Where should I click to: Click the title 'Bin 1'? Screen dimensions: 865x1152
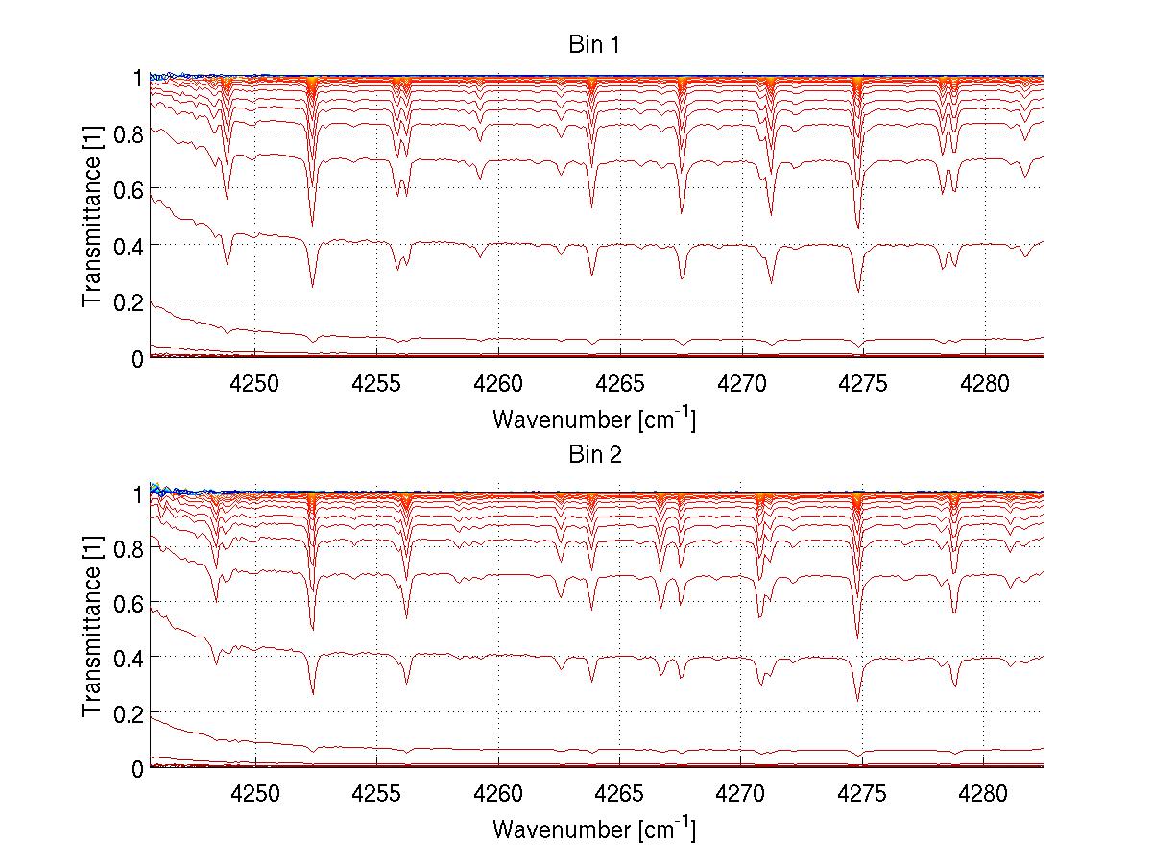tap(595, 45)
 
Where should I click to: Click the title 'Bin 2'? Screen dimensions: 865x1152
tap(595, 455)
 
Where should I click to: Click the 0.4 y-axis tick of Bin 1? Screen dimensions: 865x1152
tap(130, 246)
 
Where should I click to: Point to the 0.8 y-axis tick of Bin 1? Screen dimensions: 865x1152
tap(130, 134)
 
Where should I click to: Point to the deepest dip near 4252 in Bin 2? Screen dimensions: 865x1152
tap(313, 693)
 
